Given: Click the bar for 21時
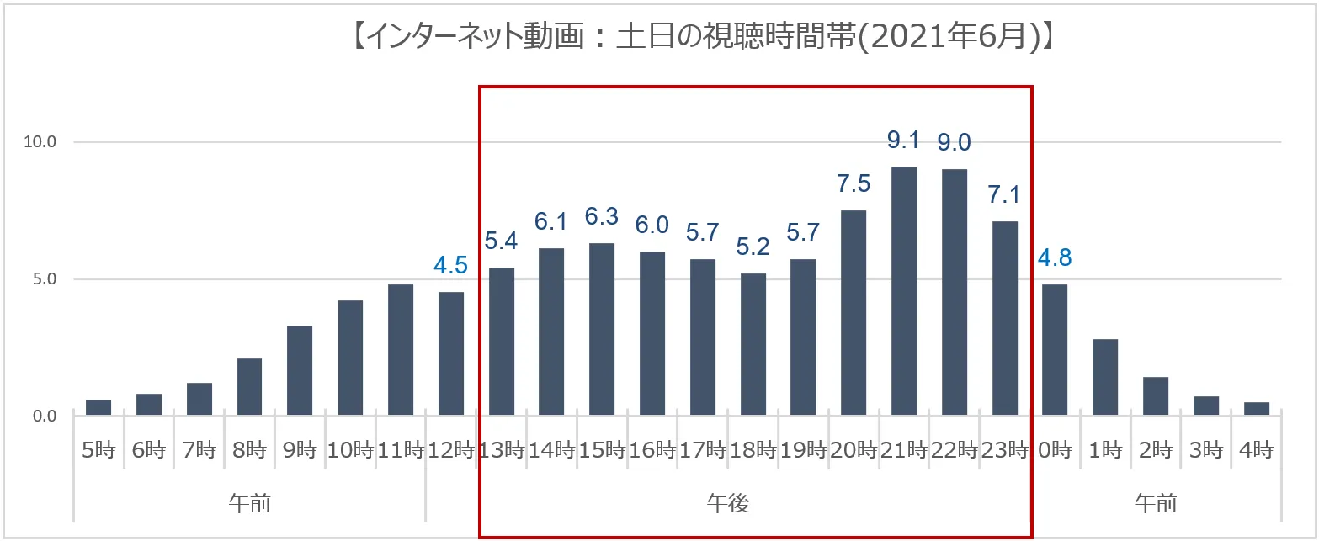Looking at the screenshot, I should (x=903, y=291).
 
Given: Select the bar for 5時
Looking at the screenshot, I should (x=98, y=407).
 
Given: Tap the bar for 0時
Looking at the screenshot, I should (x=1055, y=350).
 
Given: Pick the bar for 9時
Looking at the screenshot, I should (x=300, y=370).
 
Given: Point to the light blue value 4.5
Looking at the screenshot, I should (x=450, y=267).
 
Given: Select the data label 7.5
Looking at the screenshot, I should (x=854, y=183).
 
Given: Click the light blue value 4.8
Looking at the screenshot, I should (x=1055, y=258).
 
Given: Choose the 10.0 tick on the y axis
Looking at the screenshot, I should (x=40, y=141).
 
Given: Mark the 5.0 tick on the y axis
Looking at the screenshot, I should (x=40, y=278).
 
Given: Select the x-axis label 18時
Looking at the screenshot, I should (x=753, y=450).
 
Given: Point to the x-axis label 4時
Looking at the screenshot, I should (x=1256, y=450).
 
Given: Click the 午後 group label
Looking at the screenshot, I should (x=728, y=504).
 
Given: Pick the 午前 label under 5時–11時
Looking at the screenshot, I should (x=249, y=504).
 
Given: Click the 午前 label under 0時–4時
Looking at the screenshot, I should (x=1156, y=504).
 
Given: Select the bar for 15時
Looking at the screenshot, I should (x=602, y=329).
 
